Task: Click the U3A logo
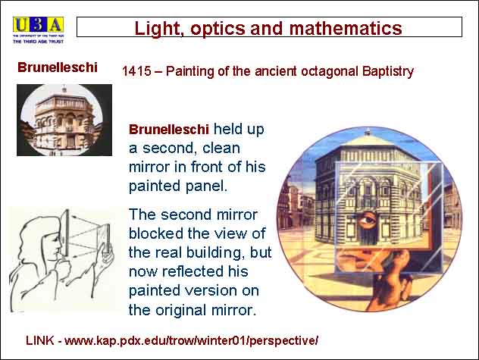(38, 30)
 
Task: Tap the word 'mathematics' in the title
(346, 29)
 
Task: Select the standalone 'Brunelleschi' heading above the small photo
(58, 67)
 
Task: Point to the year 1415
(136, 71)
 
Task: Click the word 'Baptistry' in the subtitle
(388, 71)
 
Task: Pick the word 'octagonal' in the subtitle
(329, 72)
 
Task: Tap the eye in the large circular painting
(367, 220)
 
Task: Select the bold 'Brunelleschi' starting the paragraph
(169, 130)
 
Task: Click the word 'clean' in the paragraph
(221, 149)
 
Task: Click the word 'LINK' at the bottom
(40, 340)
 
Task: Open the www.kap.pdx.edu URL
(191, 341)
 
